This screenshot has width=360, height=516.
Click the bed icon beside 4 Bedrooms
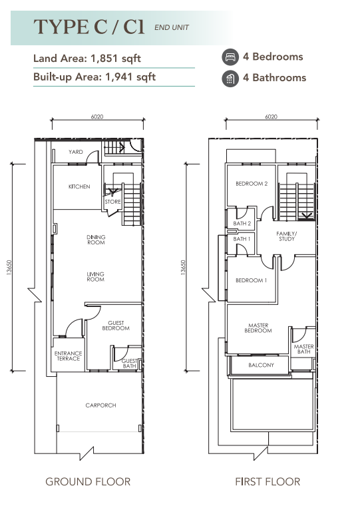230,57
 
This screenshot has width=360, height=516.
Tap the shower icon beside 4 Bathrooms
230,79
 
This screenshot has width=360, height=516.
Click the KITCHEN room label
79,186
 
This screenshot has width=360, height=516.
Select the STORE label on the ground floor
112,202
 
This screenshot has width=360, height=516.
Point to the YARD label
76,152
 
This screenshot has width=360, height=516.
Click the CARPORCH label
100,405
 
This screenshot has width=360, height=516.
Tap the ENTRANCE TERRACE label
68,356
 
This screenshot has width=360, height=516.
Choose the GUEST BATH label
129,364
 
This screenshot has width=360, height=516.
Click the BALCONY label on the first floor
261,365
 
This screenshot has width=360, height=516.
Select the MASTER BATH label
304,349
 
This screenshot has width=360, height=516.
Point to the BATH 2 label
242,224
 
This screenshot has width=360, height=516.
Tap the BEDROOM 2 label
252,184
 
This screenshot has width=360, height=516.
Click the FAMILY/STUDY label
287,236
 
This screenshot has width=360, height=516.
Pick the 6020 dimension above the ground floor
97,117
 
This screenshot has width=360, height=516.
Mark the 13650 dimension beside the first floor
183,267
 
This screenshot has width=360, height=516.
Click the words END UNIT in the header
172,28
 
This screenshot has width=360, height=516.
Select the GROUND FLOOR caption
88,482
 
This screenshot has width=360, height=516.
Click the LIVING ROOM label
95,277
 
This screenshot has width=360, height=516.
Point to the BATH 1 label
242,239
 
